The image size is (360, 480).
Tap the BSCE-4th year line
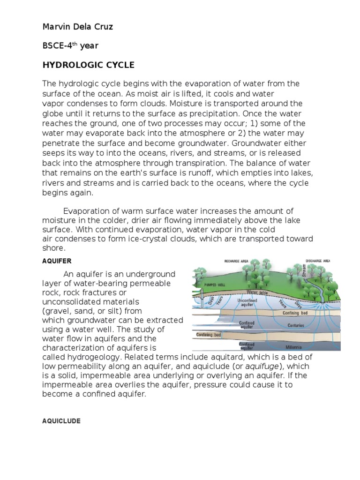[70, 45]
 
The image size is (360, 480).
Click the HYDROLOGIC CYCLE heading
[88, 64]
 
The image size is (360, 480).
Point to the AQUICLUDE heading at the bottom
[61, 421]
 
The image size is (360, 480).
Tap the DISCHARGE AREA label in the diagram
[317, 260]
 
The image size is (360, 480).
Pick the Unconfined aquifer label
[247, 302]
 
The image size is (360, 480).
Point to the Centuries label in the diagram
[296, 325]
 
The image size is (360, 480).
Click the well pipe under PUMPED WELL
[196, 300]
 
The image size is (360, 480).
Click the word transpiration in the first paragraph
[220, 163]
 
